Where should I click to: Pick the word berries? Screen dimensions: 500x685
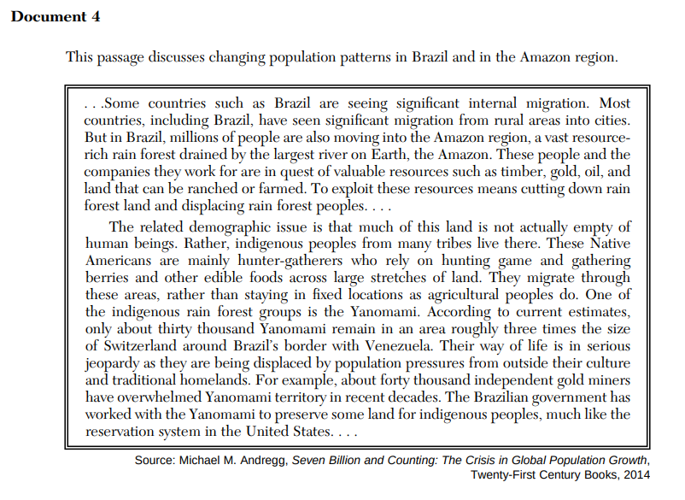coord(106,277)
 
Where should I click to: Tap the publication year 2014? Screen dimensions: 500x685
coord(635,474)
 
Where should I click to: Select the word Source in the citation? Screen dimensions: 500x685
coord(155,461)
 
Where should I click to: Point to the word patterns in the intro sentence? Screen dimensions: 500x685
coord(343,58)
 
